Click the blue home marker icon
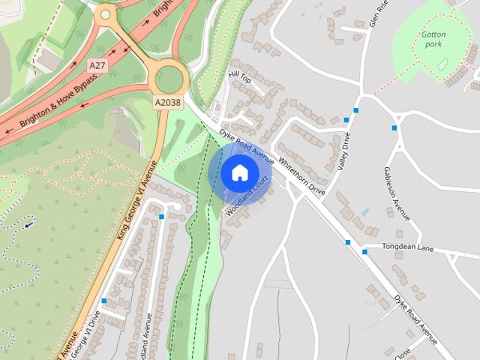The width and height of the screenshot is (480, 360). (239, 173)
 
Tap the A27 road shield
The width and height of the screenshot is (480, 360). (97, 66)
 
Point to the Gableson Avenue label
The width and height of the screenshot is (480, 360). (397, 193)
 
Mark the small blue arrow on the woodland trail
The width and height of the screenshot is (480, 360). (28, 223)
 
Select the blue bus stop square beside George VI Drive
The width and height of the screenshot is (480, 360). (103, 301)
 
